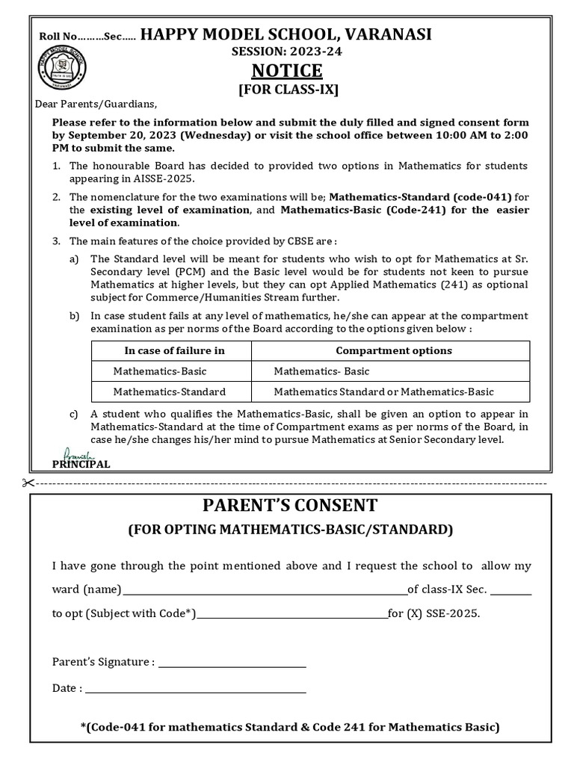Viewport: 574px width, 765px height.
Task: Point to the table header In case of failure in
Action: (x=174, y=350)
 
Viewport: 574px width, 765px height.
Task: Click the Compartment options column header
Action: (x=393, y=350)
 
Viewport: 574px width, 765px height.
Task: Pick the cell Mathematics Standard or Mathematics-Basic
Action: (x=383, y=391)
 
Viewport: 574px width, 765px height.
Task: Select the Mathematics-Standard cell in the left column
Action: (x=169, y=391)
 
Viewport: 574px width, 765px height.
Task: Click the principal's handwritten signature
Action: (x=75, y=453)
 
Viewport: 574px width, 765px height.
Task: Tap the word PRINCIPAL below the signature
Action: (x=81, y=464)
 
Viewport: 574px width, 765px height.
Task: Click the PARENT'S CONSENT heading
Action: (x=290, y=505)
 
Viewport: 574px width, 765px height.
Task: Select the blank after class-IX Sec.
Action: (x=512, y=591)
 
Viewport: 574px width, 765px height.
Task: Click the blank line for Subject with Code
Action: (x=291, y=615)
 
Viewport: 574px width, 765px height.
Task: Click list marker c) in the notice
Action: (x=73, y=414)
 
